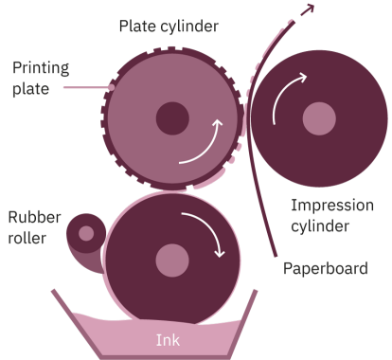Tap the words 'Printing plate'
[x=38, y=78]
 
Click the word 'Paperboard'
[x=325, y=268]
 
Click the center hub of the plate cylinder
[x=171, y=118]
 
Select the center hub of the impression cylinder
[x=319, y=119]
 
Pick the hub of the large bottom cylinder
[x=171, y=258]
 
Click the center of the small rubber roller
[x=86, y=233]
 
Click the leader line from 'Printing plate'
[x=88, y=88]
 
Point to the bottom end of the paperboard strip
[x=274, y=254]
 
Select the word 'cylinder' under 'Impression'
[x=321, y=225]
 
